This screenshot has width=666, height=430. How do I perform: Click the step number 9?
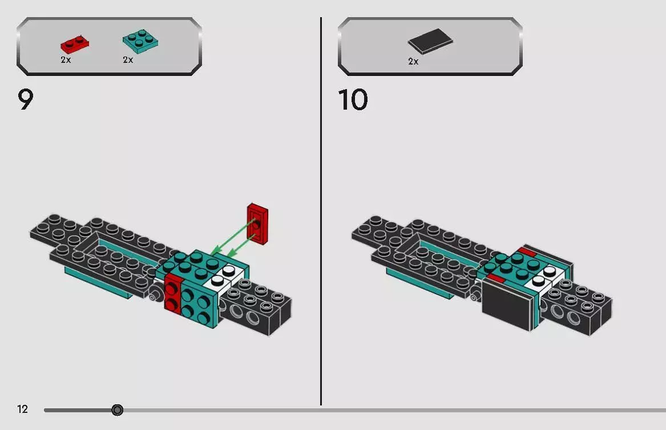[26, 100]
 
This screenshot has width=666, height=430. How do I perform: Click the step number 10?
[353, 100]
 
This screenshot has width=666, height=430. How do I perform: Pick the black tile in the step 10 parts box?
[431, 42]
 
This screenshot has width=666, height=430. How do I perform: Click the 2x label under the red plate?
[66, 60]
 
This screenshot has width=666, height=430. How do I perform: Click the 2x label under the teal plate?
[128, 60]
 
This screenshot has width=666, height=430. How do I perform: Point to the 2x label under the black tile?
[413, 61]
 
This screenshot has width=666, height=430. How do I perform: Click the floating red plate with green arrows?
[257, 223]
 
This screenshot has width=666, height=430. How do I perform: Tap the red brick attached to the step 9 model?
[172, 292]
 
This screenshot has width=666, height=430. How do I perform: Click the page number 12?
[22, 409]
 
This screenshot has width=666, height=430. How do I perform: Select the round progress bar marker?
[117, 410]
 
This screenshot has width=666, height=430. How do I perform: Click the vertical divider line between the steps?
[321, 211]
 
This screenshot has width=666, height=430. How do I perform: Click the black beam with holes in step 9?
[260, 308]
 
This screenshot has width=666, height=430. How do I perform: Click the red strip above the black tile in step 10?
[495, 279]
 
